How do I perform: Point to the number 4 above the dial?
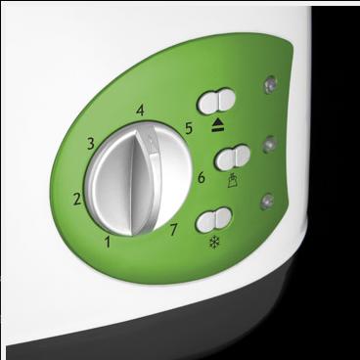(142, 110)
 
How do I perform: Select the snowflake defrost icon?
(213, 239)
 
